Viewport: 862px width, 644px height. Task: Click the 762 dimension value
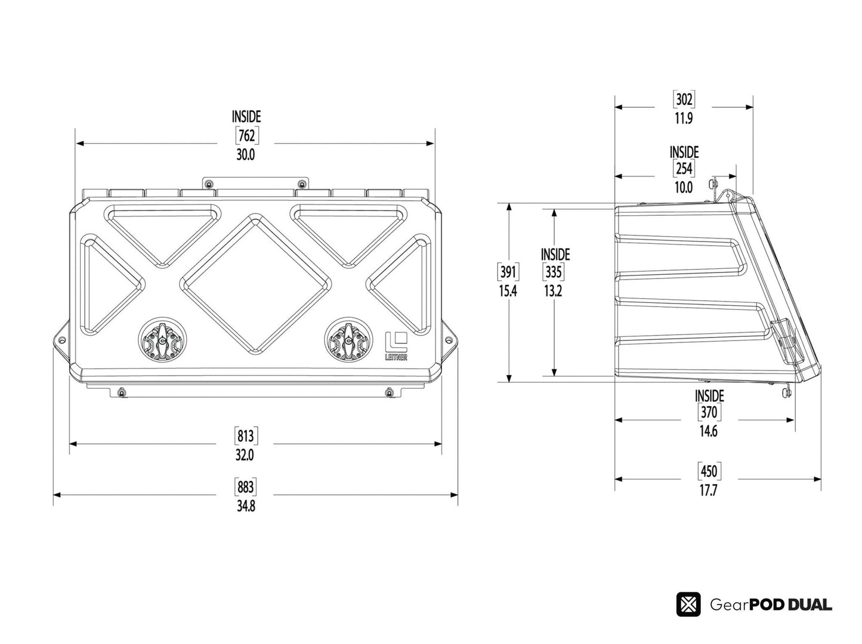click(x=246, y=136)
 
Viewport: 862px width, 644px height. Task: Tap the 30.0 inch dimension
click(x=246, y=155)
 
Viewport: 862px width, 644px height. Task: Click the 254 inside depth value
click(x=684, y=169)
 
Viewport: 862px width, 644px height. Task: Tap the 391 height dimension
click(x=508, y=273)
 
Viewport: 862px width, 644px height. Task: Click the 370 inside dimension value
click(x=709, y=413)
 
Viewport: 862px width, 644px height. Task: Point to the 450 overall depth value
click(x=709, y=472)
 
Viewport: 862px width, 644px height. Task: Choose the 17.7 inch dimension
click(x=709, y=491)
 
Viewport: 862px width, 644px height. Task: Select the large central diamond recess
click(x=255, y=284)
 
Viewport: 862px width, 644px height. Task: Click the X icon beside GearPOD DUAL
click(x=688, y=605)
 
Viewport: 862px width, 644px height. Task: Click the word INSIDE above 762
click(x=246, y=117)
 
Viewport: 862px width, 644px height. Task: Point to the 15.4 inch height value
click(x=508, y=292)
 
